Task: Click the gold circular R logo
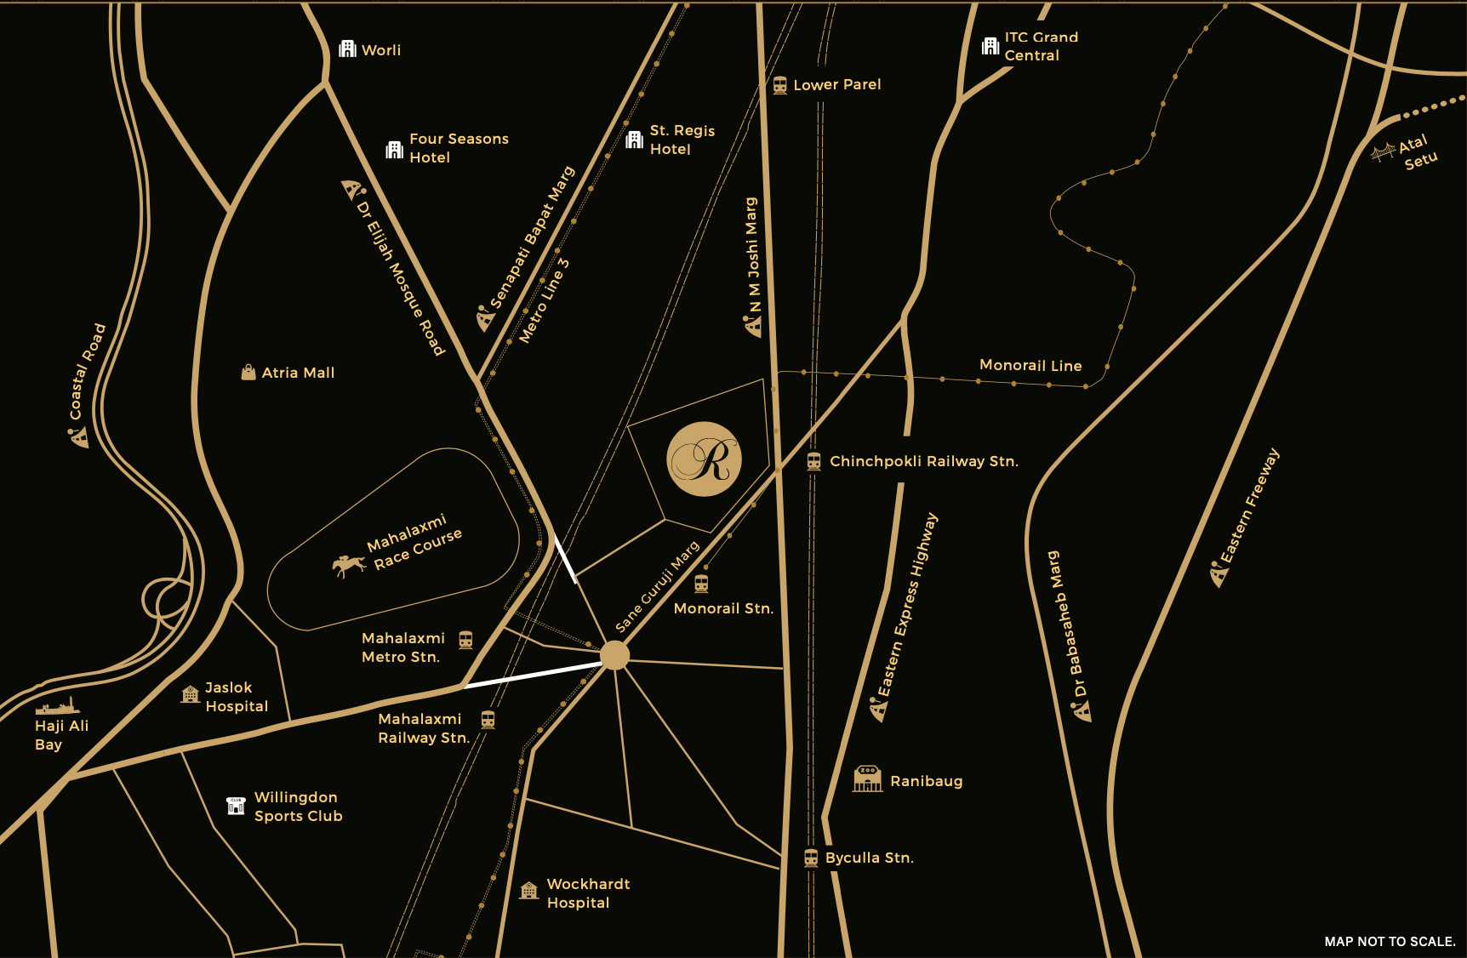[704, 459]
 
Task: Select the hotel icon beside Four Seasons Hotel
[395, 151]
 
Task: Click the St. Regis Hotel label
[682, 140]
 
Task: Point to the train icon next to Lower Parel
[779, 85]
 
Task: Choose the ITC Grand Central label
[1040, 46]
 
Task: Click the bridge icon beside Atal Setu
[1383, 152]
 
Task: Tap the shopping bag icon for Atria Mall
[248, 373]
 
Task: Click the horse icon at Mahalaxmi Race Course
[348, 565]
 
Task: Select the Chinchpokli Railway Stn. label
[923, 461]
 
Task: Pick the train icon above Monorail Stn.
[701, 584]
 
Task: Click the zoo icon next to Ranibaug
[867, 778]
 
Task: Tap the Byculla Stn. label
[869, 858]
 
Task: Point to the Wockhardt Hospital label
[587, 893]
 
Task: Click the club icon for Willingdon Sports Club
[236, 806]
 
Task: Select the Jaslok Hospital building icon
[191, 695]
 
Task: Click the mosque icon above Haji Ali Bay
[58, 706]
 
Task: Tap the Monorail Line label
[1030, 365]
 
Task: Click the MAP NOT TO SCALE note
[1389, 941]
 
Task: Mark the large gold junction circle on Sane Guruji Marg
[614, 655]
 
